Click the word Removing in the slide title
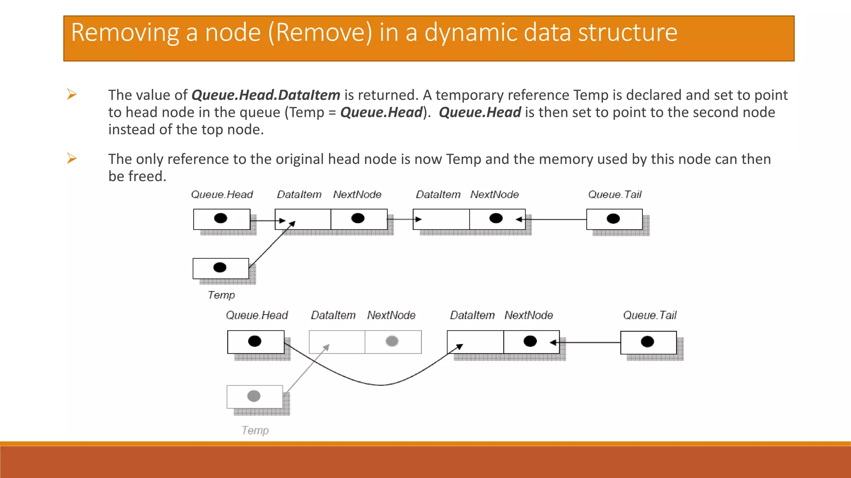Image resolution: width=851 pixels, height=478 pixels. [125, 32]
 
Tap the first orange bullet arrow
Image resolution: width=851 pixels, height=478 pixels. [72, 95]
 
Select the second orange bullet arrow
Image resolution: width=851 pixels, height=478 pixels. [72, 159]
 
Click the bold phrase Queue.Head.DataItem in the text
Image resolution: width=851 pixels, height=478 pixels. [266, 95]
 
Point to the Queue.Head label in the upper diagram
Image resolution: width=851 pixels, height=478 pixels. [221, 195]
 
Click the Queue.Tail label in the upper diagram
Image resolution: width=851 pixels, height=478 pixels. [615, 195]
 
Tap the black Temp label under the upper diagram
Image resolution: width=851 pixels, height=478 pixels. [221, 295]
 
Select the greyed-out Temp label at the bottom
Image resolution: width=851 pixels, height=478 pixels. [255, 430]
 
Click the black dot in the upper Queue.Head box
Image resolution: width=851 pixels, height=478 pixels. [220, 218]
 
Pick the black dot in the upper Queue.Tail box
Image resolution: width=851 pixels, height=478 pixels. [613, 219]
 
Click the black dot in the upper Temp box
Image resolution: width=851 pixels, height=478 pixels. [219, 268]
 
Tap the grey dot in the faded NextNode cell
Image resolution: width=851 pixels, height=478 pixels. [392, 341]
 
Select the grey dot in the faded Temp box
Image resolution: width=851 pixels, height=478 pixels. [253, 396]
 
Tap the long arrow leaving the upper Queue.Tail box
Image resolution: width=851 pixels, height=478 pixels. [557, 219]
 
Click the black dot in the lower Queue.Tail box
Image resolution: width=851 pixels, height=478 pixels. [647, 342]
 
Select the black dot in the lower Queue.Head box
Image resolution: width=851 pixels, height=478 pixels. [254, 341]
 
